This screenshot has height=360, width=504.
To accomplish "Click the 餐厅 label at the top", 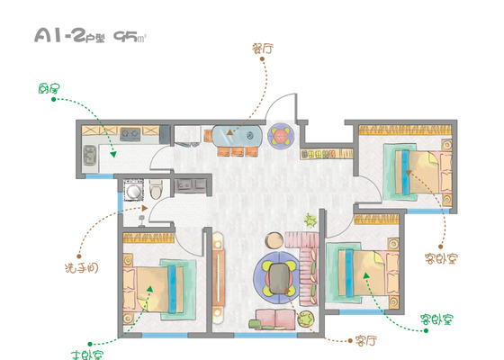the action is point(263,49).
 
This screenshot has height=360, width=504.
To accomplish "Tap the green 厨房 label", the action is point(49,88).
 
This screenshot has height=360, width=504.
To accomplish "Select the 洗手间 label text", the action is point(81,268).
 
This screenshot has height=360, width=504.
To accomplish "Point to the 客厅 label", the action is point(366,340).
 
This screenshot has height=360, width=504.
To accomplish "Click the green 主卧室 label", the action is point(87,355).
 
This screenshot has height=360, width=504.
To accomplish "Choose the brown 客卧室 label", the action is point(441,258).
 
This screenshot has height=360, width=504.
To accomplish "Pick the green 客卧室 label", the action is point(437,319).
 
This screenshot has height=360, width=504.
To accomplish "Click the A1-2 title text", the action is point(59,35).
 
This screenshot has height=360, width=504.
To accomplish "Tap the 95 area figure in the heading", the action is point(126,36).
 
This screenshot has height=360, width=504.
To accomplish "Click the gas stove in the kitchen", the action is point(130,134).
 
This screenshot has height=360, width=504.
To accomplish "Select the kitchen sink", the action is point(89,155).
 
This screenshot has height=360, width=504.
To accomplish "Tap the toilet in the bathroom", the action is point(157,189).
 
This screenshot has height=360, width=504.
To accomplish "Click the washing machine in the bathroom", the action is point(133,191).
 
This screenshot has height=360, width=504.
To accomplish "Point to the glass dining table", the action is point(237,136).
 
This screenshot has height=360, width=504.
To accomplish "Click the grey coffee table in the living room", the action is point(279,278).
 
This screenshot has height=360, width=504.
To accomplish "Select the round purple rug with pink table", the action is point(281,136).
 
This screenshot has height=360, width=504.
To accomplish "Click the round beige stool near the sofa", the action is point(274,240).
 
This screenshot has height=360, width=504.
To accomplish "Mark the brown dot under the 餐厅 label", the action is point(262,58).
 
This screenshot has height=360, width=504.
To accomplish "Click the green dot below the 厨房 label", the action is point(54,99).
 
